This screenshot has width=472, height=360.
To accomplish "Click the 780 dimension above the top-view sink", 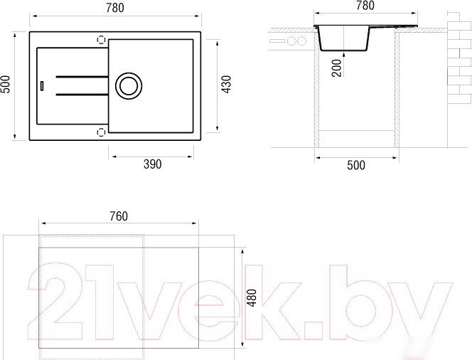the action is point(115,8).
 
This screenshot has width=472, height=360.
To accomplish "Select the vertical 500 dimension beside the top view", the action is point(6,85).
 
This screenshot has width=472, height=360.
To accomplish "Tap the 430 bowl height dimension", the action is point(226,85).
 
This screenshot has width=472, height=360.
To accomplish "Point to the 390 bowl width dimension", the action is point(152,164).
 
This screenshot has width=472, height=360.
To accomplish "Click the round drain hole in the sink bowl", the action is point(129,86).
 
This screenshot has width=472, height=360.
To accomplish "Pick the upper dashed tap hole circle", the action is point(101,39).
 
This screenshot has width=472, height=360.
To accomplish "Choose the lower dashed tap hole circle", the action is point(101,132).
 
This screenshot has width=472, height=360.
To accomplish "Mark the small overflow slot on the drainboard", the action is point(42,85).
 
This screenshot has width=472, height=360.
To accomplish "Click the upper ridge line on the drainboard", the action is point(82,77).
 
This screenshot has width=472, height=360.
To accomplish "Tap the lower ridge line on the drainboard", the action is point(82,95).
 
